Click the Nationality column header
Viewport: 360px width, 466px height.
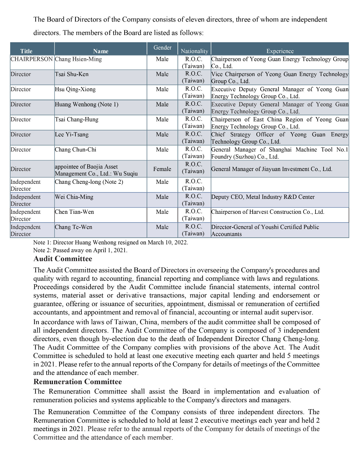[194, 51]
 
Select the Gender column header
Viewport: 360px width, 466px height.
[162, 47]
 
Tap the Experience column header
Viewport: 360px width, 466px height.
[280, 51]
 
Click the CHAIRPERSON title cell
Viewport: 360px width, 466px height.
[32, 59]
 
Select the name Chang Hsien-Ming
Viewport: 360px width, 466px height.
[78, 59]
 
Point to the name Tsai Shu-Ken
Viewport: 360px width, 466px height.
[72, 74]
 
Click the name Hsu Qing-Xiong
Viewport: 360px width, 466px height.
[75, 89]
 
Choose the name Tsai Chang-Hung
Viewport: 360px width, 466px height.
[77, 119]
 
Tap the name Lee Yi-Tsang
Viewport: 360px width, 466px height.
[72, 135]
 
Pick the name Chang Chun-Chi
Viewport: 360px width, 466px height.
[75, 150]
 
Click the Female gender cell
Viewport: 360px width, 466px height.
[162, 169]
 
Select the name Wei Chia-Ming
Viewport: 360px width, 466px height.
[74, 197]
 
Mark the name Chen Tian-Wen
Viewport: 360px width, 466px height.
[74, 212]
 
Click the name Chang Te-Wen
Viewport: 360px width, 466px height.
[73, 227]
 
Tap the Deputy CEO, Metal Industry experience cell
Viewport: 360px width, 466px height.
[263, 197]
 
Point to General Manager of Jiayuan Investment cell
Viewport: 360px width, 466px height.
[272, 169]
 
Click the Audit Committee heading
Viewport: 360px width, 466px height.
[63, 259]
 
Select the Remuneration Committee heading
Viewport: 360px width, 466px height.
[78, 382]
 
